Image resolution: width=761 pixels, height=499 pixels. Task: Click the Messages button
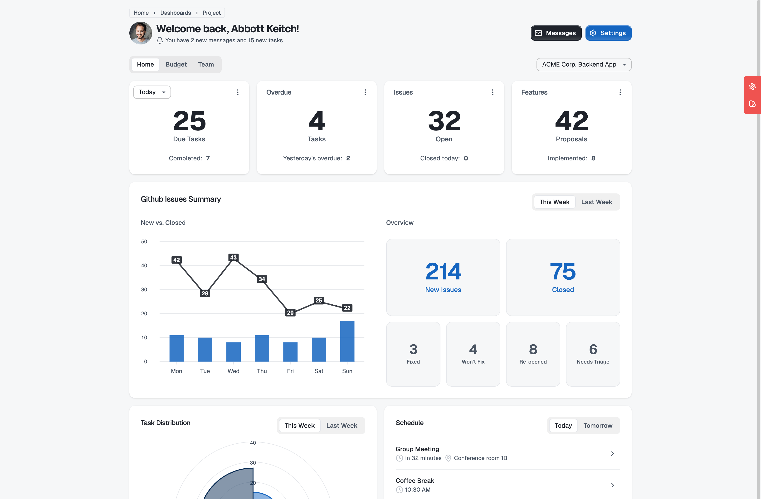pyautogui.click(x=556, y=33)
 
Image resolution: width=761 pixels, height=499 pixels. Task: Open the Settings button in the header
pyautogui.click(x=608, y=33)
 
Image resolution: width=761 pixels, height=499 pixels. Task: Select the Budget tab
pyautogui.click(x=176, y=64)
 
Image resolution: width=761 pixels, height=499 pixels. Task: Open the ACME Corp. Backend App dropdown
pyautogui.click(x=584, y=64)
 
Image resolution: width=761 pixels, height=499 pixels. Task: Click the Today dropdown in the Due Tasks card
pyautogui.click(x=151, y=92)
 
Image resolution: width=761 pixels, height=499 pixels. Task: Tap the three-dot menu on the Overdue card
pyautogui.click(x=365, y=92)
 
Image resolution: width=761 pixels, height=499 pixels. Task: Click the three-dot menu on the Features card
pyautogui.click(x=620, y=92)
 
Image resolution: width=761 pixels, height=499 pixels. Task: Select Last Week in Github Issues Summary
pyautogui.click(x=596, y=202)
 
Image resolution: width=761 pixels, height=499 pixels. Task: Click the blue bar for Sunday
pyautogui.click(x=347, y=341)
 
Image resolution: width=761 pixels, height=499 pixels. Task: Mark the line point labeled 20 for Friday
pyautogui.click(x=290, y=312)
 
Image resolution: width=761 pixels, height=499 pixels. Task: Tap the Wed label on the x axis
pyautogui.click(x=233, y=371)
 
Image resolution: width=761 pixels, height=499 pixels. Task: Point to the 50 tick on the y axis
pyautogui.click(x=144, y=241)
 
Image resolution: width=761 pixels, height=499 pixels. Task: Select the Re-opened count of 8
pyautogui.click(x=533, y=349)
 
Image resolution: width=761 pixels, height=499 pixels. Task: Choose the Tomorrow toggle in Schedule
pyautogui.click(x=597, y=426)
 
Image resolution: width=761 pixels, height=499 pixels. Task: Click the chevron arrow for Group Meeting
pyautogui.click(x=612, y=454)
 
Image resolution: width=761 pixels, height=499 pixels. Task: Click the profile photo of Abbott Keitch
pyautogui.click(x=141, y=33)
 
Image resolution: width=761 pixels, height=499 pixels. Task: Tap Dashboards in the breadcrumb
pyautogui.click(x=175, y=13)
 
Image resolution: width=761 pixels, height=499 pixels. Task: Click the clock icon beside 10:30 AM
pyautogui.click(x=399, y=489)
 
